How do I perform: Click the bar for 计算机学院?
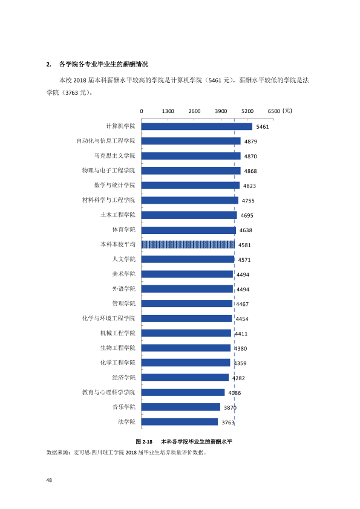(197, 126)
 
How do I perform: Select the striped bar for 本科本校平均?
(188, 244)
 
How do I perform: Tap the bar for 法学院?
(179, 422)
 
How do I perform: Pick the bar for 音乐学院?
(181, 407)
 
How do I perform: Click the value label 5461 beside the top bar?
(263, 127)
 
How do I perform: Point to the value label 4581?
(244, 245)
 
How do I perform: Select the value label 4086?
(235, 393)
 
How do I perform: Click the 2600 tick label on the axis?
(194, 111)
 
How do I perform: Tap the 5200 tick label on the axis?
(247, 111)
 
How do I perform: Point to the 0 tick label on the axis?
(142, 111)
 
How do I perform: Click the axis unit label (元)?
(287, 111)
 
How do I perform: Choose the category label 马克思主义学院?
(115, 156)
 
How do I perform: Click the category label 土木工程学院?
(117, 215)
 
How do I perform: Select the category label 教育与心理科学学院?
(108, 392)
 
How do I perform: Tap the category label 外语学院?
(124, 288)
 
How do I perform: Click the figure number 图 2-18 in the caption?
(144, 441)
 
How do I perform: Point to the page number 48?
(49, 480)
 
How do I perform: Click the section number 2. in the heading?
(49, 64)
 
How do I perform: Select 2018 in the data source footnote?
(131, 453)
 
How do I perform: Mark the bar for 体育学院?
(188, 230)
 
